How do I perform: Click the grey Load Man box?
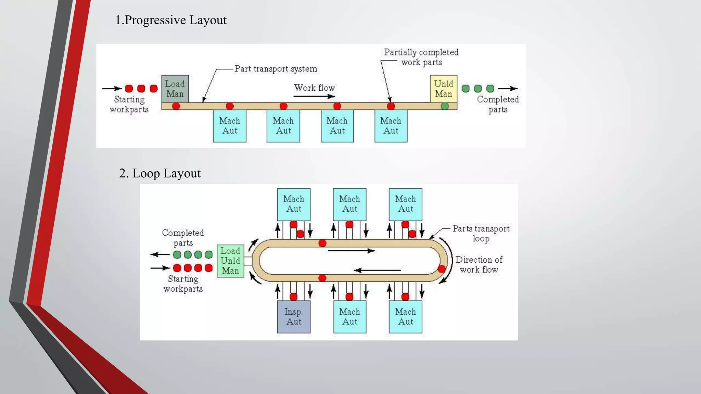175,89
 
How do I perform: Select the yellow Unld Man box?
444,89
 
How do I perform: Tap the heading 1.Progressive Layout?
171,20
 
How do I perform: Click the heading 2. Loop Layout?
160,173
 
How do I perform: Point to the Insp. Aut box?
294,317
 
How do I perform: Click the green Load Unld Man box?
230,261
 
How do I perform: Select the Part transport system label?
276,69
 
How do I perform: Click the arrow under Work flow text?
314,96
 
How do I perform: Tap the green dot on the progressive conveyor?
445,106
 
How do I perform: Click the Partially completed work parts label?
421,57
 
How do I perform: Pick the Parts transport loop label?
481,233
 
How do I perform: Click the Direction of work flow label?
479,264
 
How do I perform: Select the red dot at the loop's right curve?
442,269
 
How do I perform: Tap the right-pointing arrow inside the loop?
351,251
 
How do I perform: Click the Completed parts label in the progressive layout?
498,104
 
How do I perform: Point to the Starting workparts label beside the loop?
183,284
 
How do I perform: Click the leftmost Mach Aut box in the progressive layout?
230,126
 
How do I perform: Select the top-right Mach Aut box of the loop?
406,204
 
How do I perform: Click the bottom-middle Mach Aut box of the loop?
350,317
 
